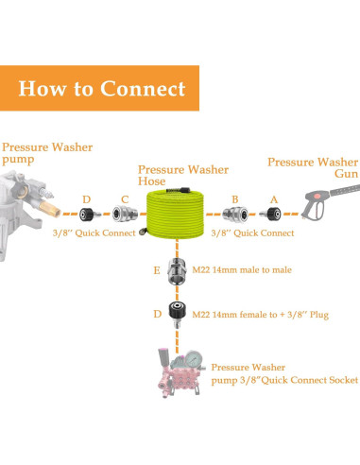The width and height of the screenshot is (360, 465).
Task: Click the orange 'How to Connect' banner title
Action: [x=102, y=88]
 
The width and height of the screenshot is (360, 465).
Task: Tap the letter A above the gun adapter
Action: [x=274, y=199]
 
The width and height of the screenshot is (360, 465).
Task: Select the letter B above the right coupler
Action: [x=235, y=199]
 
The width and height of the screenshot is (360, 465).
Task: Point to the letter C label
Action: [x=125, y=199]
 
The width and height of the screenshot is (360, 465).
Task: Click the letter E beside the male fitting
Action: [x=157, y=270]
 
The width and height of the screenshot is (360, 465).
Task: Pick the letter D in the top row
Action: [x=87, y=199]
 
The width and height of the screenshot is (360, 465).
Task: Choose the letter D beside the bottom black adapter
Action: [x=158, y=314]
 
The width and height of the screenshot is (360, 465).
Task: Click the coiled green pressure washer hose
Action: [x=175, y=213]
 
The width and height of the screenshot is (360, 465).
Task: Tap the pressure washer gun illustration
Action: [x=330, y=200]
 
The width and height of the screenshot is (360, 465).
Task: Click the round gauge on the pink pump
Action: [x=193, y=359]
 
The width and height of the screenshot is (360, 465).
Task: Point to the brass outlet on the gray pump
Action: [x=50, y=208]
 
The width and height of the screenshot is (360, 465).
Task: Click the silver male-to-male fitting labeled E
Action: [x=177, y=271]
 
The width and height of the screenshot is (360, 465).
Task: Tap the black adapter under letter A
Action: [x=270, y=215]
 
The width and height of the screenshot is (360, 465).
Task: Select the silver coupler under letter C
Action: [x=125, y=215]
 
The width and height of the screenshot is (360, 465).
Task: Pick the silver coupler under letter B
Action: [x=235, y=215]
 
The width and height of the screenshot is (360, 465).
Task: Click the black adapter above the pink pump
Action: [x=177, y=314]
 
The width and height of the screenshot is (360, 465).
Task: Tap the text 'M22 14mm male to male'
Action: [x=242, y=270]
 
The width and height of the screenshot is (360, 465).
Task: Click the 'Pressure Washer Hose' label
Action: [x=183, y=175]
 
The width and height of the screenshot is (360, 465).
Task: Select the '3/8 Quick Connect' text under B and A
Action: [x=252, y=233]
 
